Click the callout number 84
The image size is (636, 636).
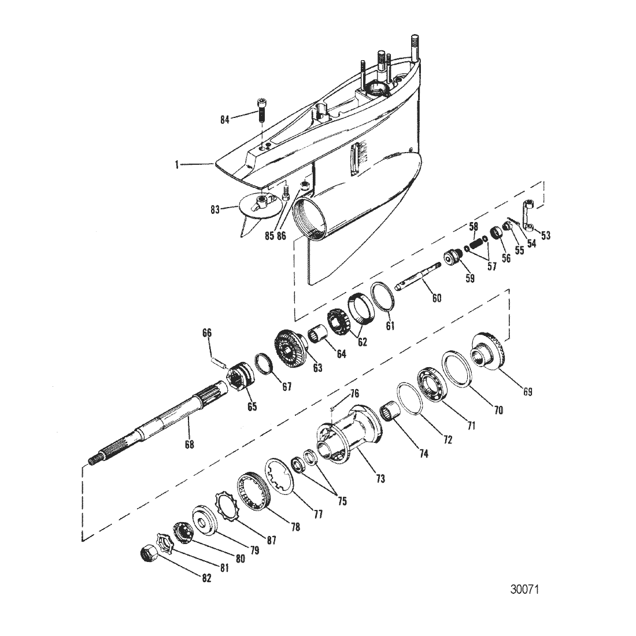point(225,120)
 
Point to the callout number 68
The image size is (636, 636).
point(190,445)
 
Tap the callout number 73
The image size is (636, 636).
point(380,479)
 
